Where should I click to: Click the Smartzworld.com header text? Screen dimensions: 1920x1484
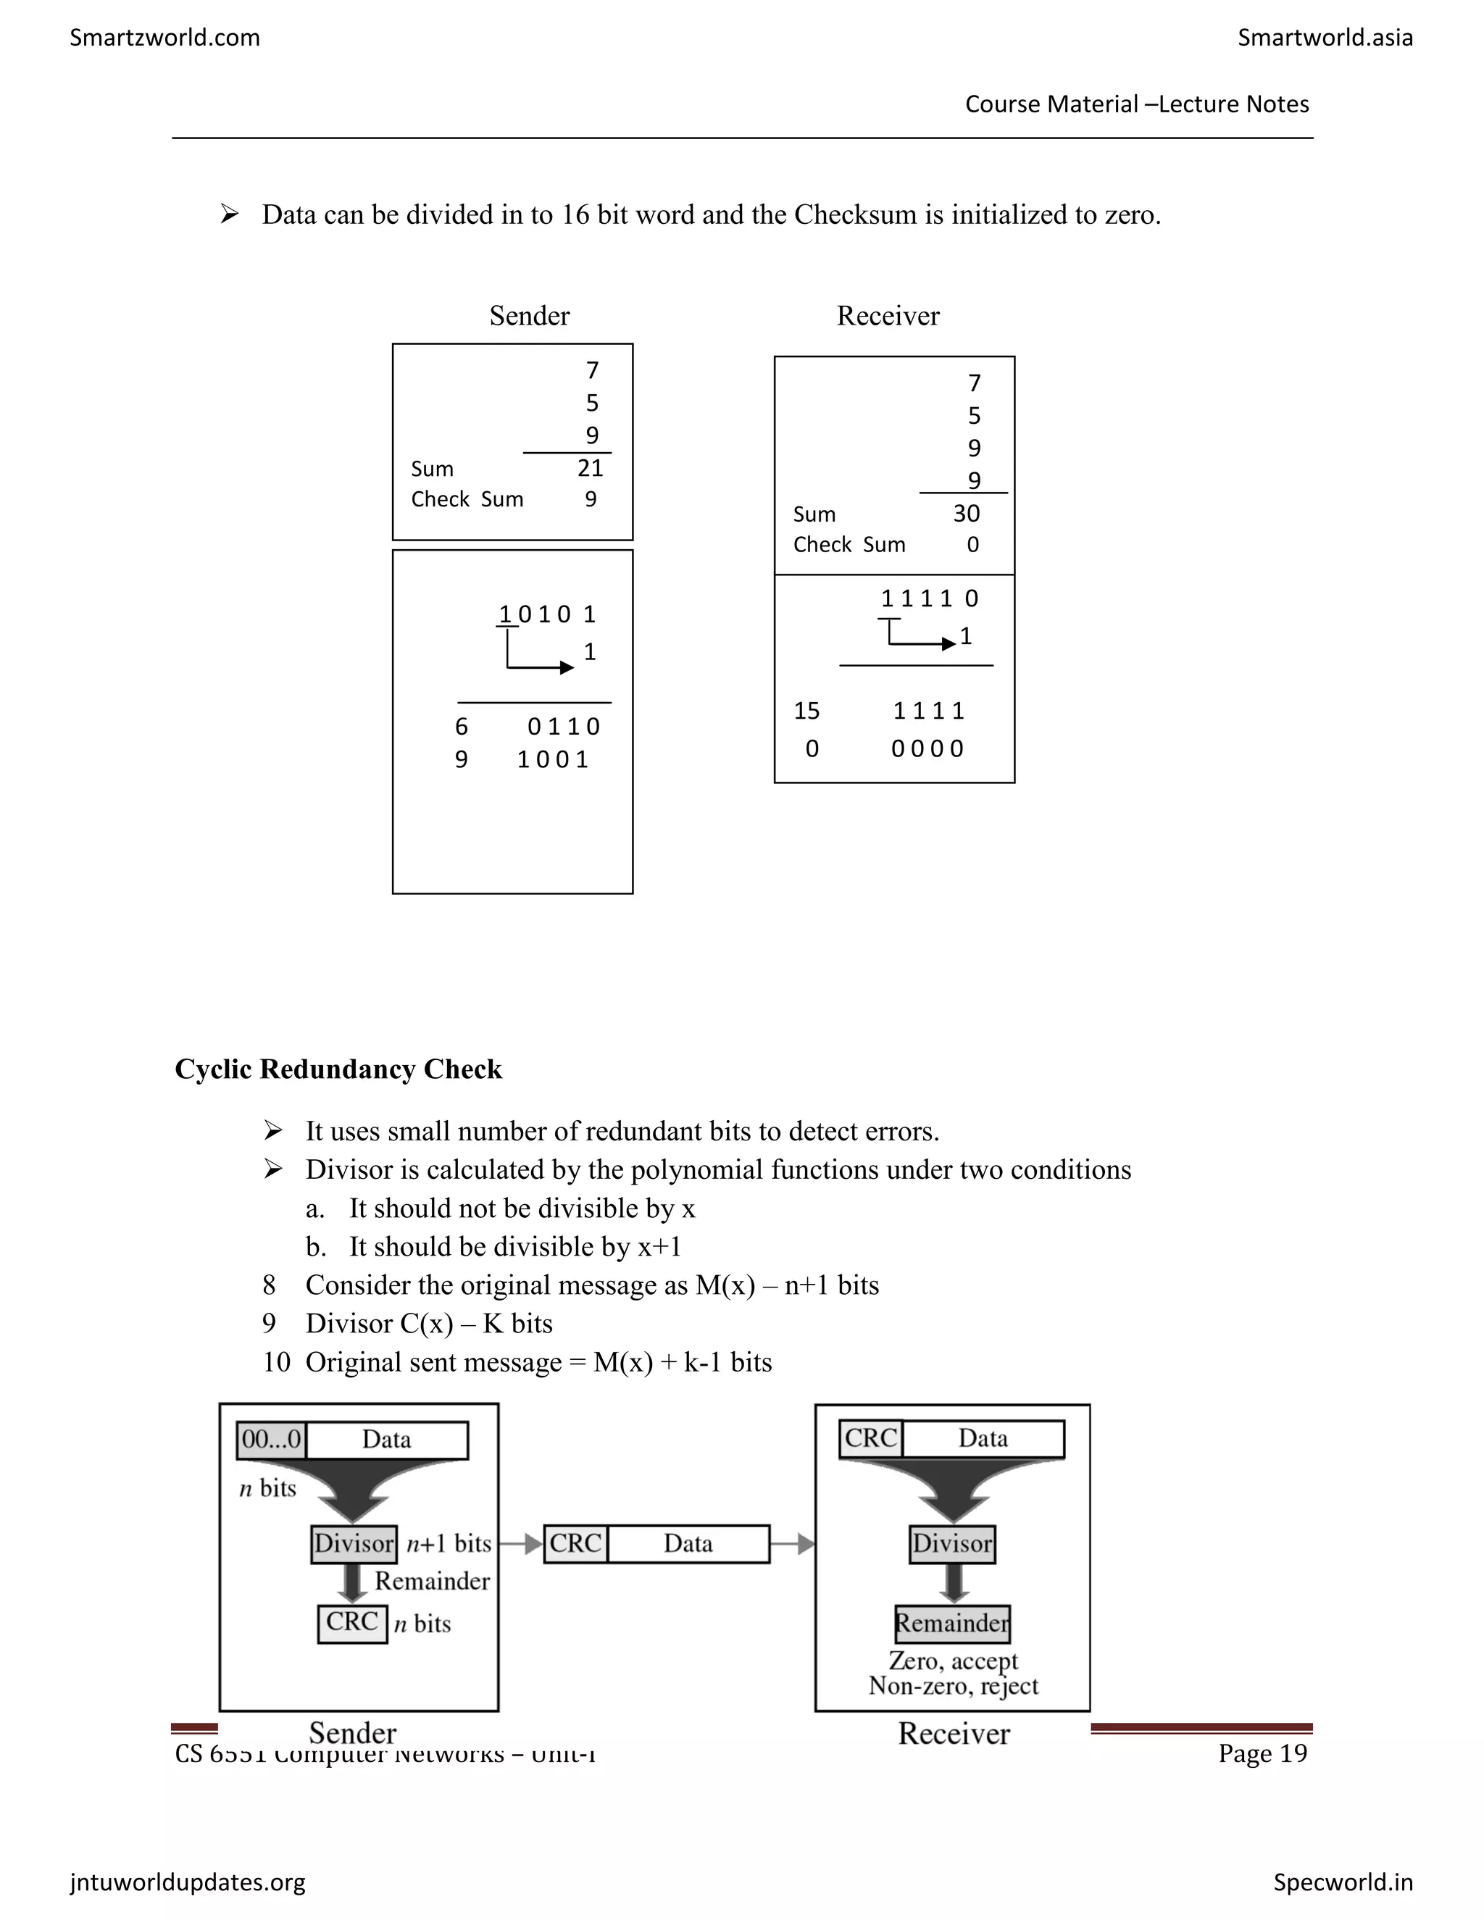[164, 38]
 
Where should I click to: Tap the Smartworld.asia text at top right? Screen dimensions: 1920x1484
[1325, 38]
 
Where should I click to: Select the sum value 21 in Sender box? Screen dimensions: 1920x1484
[590, 469]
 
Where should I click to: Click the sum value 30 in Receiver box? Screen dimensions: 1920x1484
[966, 514]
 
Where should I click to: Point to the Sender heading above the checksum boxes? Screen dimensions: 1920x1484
[529, 316]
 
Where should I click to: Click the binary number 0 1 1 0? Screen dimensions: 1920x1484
[564, 727]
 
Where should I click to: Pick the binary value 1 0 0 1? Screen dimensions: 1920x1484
[553, 759]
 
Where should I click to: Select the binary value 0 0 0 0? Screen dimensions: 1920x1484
[927, 749]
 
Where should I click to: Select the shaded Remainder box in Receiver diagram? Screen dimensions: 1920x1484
[952, 1623]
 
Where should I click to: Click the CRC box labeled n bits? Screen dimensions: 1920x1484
[351, 1622]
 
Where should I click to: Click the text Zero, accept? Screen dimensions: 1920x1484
[953, 1661]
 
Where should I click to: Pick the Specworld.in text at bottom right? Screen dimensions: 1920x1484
[1343, 1882]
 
